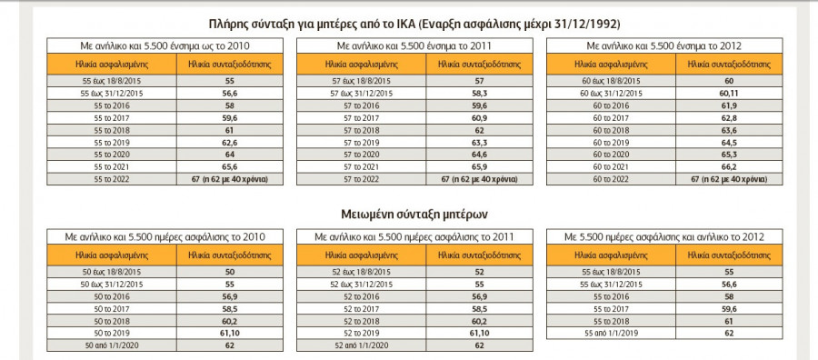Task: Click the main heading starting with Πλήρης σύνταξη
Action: tap(409, 23)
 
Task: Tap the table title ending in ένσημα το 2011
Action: tap(409, 44)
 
